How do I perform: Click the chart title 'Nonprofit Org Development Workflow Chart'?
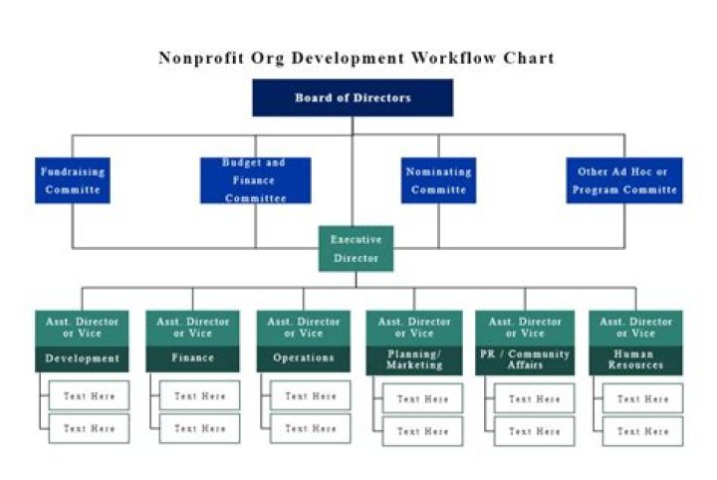pyautogui.click(x=356, y=58)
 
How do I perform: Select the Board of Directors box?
pyautogui.click(x=353, y=98)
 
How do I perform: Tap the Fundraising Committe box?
pyautogui.click(x=73, y=180)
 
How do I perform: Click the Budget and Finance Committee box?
pyautogui.click(x=255, y=180)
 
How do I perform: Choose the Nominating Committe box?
pyautogui.click(x=438, y=180)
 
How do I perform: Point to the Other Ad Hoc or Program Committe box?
pyautogui.click(x=623, y=180)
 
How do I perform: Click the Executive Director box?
pyautogui.click(x=356, y=249)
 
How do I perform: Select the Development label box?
pyautogui.click(x=82, y=359)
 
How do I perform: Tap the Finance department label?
pyautogui.click(x=193, y=359)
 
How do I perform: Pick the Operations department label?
pyautogui.click(x=304, y=359)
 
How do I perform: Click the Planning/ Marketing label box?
pyautogui.click(x=414, y=360)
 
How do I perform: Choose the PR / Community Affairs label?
pyautogui.click(x=525, y=360)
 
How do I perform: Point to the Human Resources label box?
pyautogui.click(x=635, y=360)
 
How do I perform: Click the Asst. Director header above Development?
pyautogui.click(x=82, y=328)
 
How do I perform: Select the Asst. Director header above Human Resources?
pyautogui.click(x=635, y=328)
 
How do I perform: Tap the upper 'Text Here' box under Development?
pyautogui.click(x=90, y=395)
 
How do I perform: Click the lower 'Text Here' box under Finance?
pyautogui.click(x=200, y=428)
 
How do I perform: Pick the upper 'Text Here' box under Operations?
pyautogui.click(x=311, y=395)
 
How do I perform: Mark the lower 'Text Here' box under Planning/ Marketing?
pyautogui.click(x=422, y=431)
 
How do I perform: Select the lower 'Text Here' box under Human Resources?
pyautogui.click(x=642, y=431)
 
